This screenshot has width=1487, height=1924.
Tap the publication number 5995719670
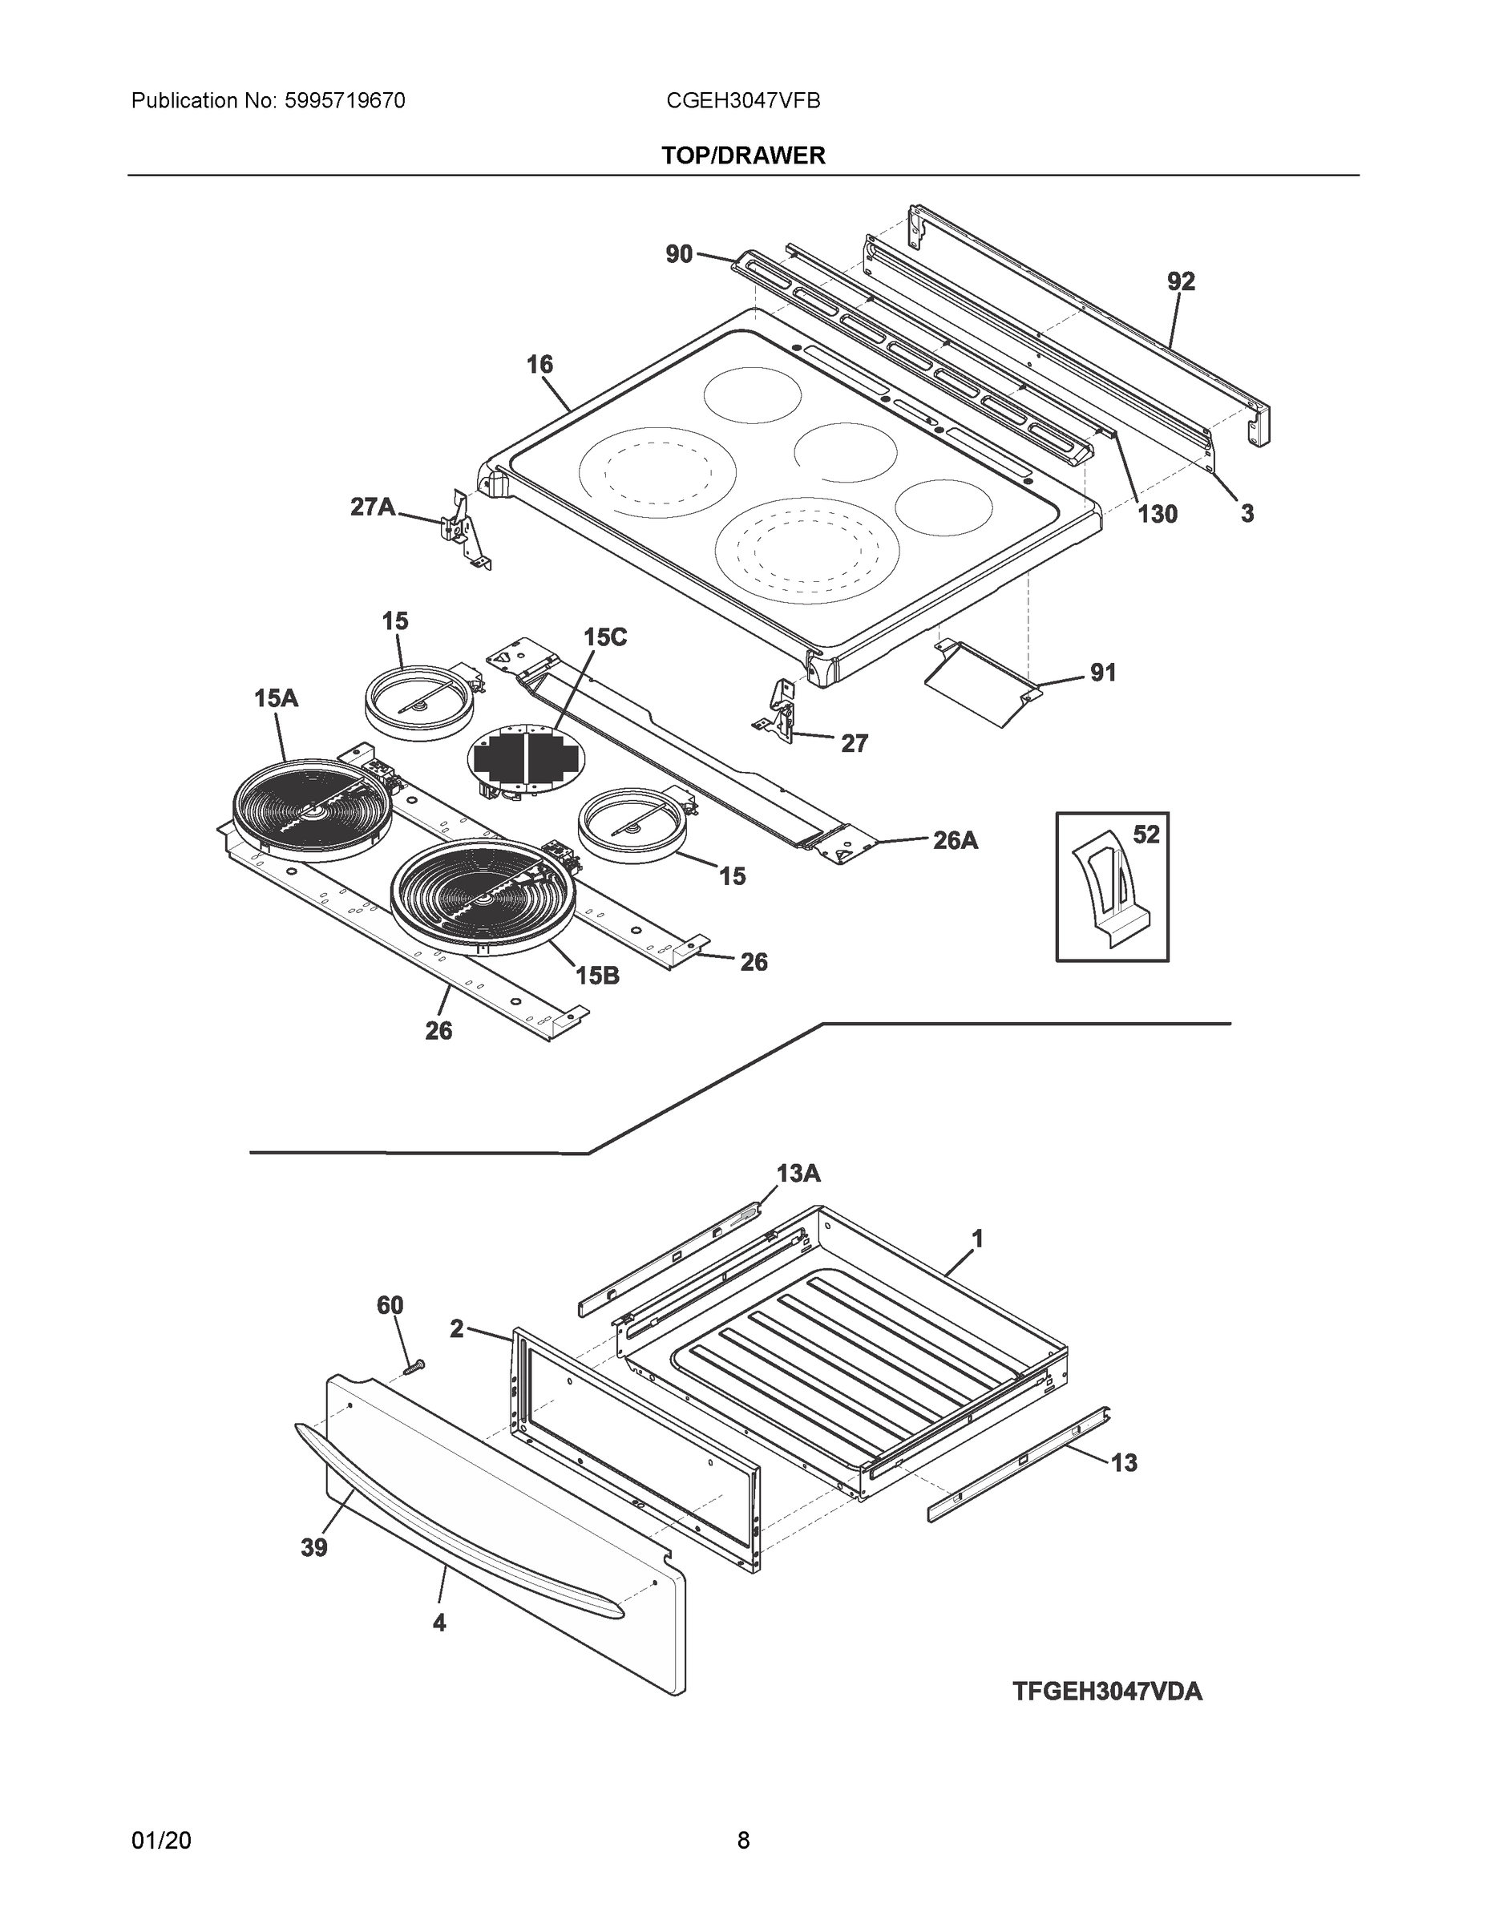tap(345, 101)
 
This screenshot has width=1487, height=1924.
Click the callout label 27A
tap(373, 507)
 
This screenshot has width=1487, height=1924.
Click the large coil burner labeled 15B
tap(483, 897)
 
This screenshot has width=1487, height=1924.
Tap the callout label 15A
tap(276, 698)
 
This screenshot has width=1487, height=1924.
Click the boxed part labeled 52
tap(1112, 888)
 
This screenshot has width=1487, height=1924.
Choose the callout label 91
tap(1103, 673)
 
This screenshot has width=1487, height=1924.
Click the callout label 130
tap(1157, 515)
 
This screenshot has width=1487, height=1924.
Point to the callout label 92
tap(1181, 282)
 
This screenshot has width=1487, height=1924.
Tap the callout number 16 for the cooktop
tap(539, 365)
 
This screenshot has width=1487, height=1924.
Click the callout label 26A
tap(955, 840)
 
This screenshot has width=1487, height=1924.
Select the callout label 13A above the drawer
tap(798, 1174)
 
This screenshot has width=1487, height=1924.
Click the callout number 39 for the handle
tap(313, 1548)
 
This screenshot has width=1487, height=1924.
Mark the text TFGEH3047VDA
tap(1106, 1692)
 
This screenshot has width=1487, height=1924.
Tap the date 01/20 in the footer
tap(161, 1841)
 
